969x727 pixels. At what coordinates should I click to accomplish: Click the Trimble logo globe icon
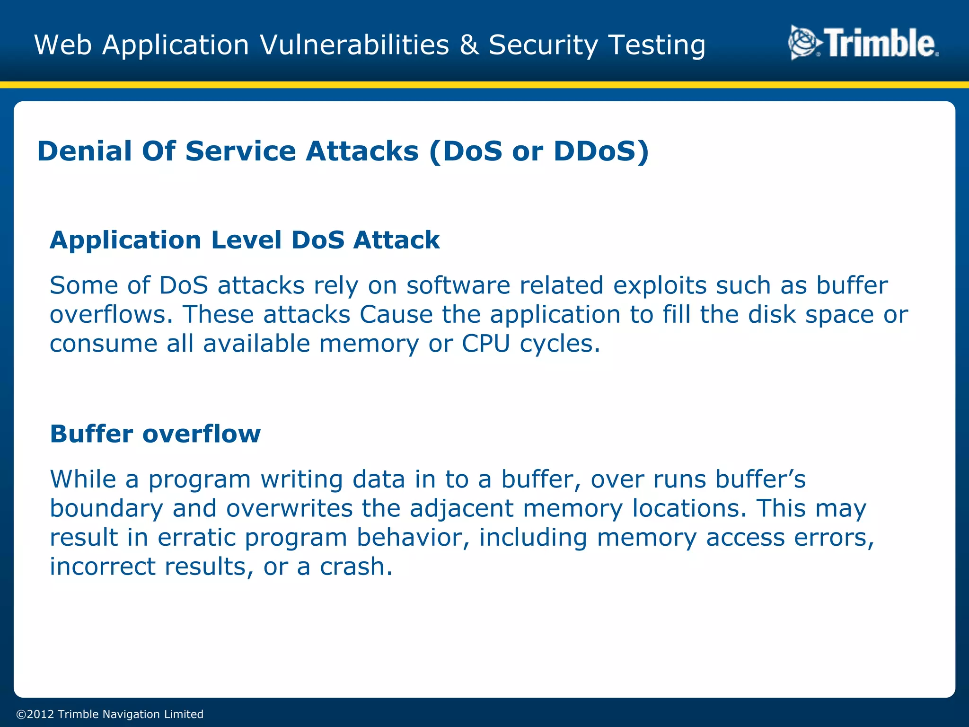[804, 43]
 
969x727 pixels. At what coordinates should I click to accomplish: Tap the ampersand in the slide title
[468, 45]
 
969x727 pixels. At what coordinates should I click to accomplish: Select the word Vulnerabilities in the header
[354, 45]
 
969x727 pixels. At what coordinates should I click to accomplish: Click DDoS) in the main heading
[601, 151]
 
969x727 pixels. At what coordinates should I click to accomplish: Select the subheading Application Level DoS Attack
[245, 240]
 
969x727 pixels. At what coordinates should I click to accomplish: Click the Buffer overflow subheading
[155, 434]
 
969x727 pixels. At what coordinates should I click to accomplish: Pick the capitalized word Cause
[396, 315]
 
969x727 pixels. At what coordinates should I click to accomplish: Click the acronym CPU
[485, 344]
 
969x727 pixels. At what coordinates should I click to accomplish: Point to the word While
[83, 479]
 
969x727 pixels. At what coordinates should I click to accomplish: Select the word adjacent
[461, 509]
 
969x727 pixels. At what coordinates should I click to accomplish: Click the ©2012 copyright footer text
[110, 714]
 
